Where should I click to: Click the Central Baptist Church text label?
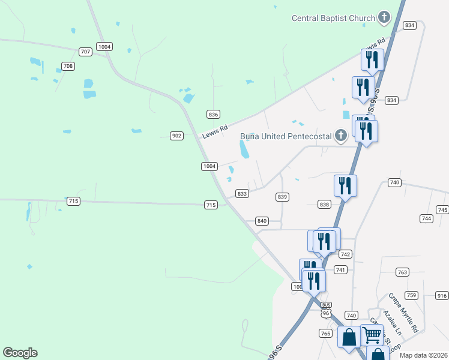333,18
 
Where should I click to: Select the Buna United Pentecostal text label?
286,136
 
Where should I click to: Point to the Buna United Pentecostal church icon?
341,136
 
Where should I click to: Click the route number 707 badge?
86,52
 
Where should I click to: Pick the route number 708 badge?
68,66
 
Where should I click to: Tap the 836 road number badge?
213,114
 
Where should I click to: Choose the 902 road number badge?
176,136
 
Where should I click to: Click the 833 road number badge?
242,194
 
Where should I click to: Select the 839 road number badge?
283,197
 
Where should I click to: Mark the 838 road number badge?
325,205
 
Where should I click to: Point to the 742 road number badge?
345,254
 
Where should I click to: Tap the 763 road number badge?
402,272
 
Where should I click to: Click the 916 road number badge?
442,295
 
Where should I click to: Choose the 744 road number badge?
427,219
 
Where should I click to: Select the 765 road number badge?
326,333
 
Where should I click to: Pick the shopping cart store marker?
372,334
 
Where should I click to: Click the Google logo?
20,353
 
